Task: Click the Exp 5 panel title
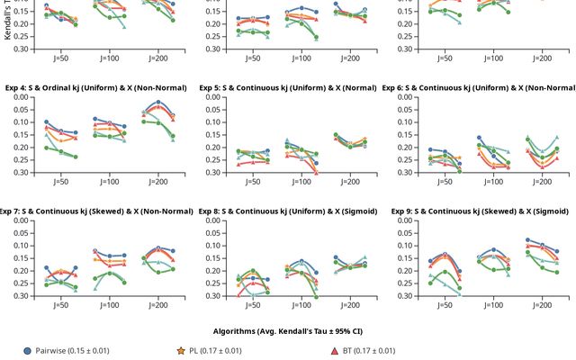(289, 88)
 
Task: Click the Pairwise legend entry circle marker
(28, 350)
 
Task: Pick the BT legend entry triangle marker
(334, 350)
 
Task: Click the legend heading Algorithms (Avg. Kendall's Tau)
(288, 331)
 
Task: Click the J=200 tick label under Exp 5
(349, 182)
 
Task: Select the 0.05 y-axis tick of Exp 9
(409, 233)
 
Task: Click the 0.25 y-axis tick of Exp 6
(409, 160)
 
